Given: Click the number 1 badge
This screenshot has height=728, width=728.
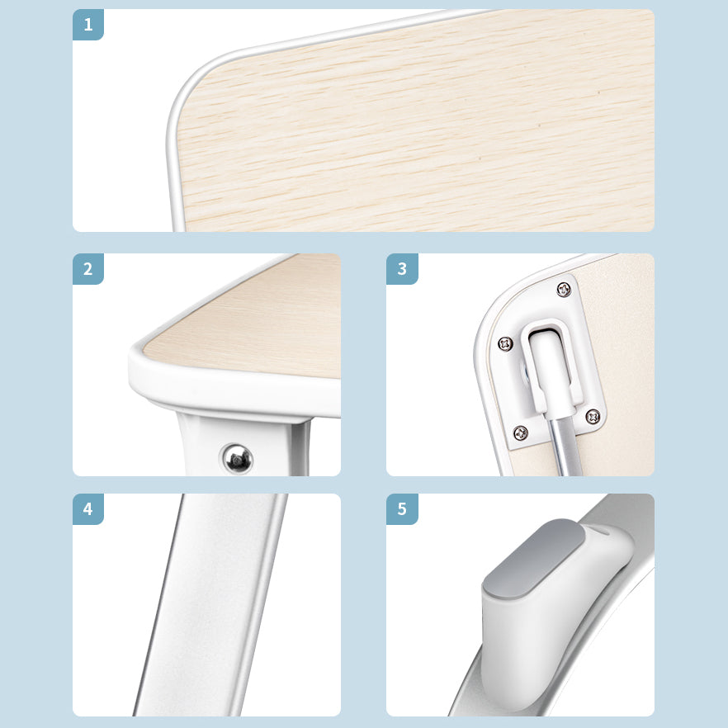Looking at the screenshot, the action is (x=88, y=25).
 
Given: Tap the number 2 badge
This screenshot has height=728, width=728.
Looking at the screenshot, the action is (x=88, y=269).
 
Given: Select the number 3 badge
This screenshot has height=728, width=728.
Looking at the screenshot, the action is (x=402, y=269).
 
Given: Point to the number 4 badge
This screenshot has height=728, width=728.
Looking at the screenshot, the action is (x=88, y=509).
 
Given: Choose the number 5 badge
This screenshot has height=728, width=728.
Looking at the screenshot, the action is (x=402, y=509).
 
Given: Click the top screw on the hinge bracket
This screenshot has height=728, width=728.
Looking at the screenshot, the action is (x=564, y=290).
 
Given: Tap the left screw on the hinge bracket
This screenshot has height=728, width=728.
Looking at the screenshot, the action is (x=505, y=344).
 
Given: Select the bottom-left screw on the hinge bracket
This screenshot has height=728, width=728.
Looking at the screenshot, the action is (x=521, y=433).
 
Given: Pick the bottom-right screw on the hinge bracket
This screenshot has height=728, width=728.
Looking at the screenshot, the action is (x=593, y=417).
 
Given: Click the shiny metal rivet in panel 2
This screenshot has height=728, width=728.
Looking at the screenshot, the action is (x=238, y=459).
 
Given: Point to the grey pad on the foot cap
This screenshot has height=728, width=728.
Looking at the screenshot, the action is (x=534, y=557).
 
